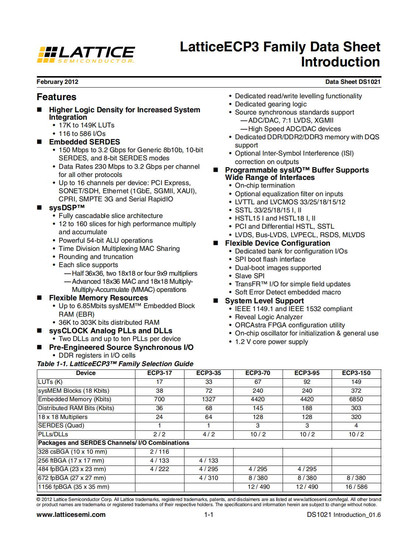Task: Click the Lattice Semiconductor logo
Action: tap(86, 54)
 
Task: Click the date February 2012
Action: tap(57, 82)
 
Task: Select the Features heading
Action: tap(56, 97)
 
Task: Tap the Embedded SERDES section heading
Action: tap(84, 142)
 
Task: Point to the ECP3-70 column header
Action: tap(258, 373)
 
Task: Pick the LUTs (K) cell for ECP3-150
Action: tap(356, 382)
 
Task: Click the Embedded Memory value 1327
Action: tap(208, 399)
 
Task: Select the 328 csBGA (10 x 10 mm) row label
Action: tap(73, 452)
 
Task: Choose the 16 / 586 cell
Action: tap(356, 487)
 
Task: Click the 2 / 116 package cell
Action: tap(159, 452)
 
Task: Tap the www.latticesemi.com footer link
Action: tap(71, 515)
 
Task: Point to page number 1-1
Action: tap(209, 515)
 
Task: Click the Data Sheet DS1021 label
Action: tap(352, 82)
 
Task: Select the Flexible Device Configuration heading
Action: tap(277, 243)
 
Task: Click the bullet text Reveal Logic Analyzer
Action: tap(269, 317)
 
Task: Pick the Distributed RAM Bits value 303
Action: tap(356, 408)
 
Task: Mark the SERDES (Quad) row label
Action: tap(61, 426)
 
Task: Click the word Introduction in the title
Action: tap(340, 62)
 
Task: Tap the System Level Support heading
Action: tap(264, 301)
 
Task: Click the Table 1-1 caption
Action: tap(115, 364)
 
